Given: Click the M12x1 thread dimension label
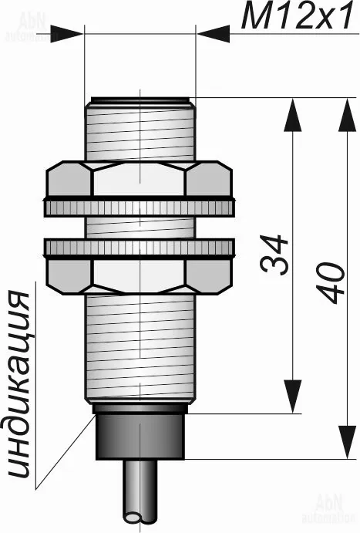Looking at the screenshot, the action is [x=298, y=15].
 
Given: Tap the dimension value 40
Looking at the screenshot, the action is [x=331, y=282].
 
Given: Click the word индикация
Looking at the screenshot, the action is [x=19, y=384].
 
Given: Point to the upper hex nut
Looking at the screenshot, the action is [x=140, y=179].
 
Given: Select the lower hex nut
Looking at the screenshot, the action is [x=140, y=275].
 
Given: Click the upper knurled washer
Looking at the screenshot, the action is [x=140, y=207].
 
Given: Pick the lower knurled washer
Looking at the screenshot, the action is [x=140, y=248].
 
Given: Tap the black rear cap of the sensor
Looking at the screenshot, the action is [x=140, y=432].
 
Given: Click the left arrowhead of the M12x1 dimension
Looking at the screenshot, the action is [x=67, y=34].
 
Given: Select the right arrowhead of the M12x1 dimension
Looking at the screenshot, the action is [x=213, y=34].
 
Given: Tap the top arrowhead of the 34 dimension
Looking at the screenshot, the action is [x=292, y=115].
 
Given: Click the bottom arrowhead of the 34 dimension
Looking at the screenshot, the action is [x=292, y=396].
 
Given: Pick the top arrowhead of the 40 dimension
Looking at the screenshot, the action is [x=348, y=115].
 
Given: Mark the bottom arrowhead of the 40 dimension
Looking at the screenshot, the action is [x=348, y=441].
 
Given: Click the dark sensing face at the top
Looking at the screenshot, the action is [x=140, y=100].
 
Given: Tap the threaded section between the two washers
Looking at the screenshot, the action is [x=140, y=228].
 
